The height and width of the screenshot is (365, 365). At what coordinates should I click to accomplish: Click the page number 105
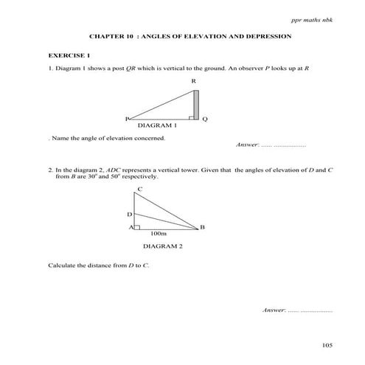327,345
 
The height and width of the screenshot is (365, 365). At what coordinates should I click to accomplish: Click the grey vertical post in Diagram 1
196,104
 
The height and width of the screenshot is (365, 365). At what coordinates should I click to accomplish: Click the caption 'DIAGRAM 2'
163,246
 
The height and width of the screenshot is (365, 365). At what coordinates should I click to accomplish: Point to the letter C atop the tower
140,190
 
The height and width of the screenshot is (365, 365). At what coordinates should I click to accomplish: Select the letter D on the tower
129,214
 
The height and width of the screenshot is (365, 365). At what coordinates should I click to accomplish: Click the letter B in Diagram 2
202,227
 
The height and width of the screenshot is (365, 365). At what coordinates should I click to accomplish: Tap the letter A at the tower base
130,227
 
